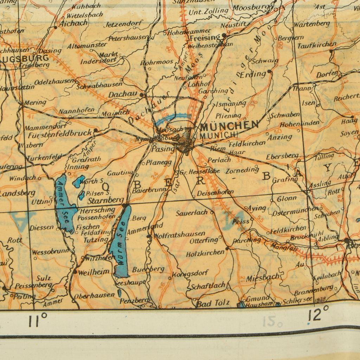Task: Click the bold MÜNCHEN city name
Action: tap(230, 125)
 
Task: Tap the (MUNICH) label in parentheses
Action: tap(219, 135)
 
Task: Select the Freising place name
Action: tap(205, 38)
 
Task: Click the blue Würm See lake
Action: tap(121, 243)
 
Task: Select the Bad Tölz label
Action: tap(213, 303)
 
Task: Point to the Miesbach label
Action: tap(263, 278)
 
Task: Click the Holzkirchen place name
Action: tap(205, 253)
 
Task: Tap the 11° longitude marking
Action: tap(38, 320)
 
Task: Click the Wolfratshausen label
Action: tap(179, 234)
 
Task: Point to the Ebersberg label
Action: tap(282, 156)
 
